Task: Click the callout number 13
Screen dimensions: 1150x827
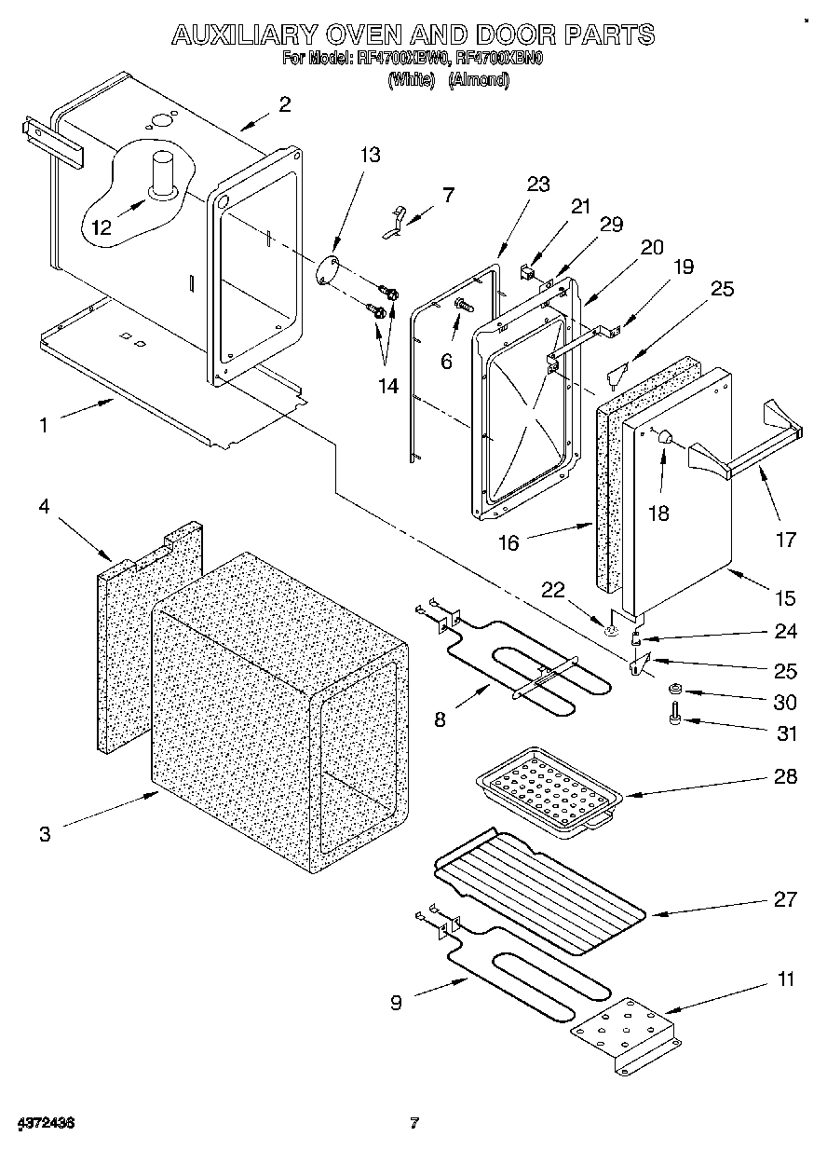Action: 370,155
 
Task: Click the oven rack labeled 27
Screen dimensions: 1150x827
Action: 541,884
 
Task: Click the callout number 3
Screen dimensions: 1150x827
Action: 45,834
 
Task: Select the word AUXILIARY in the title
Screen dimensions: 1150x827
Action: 247,35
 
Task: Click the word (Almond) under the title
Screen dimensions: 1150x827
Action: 479,81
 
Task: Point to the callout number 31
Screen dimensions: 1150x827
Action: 786,733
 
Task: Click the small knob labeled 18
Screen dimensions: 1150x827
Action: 665,435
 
